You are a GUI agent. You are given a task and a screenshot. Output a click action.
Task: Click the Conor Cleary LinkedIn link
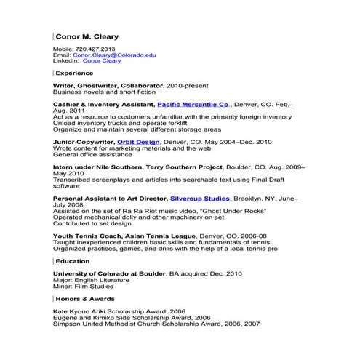click(102, 61)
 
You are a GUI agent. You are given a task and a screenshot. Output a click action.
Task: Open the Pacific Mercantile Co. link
click(193, 105)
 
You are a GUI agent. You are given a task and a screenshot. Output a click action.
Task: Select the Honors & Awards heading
click(85, 299)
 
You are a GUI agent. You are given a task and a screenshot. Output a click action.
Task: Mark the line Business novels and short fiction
click(104, 92)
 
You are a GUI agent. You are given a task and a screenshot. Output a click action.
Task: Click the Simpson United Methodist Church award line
click(156, 324)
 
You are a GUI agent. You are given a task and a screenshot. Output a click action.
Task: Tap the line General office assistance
click(90, 155)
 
